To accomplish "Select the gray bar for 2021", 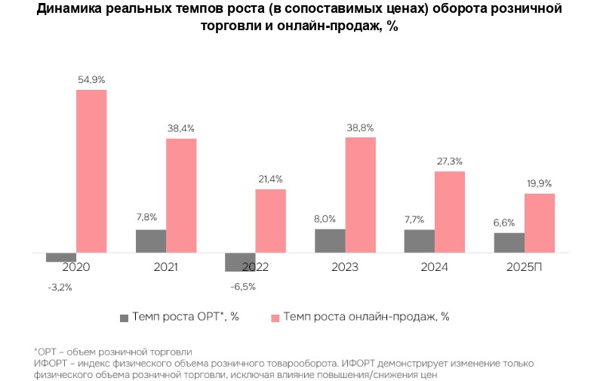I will pos(151,241).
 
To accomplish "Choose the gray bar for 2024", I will pos(420,241).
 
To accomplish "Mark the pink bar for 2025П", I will pos(540,223).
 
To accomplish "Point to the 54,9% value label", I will pos(91,79).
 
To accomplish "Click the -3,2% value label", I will pos(60,287).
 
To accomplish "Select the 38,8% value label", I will pos(360,128).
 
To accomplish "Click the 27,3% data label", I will pos(450,161).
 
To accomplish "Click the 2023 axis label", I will pos(345,267).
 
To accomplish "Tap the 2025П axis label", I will pos(525,267).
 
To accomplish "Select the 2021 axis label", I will pos(166,267).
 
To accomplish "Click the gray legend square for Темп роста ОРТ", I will pos(124,317).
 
